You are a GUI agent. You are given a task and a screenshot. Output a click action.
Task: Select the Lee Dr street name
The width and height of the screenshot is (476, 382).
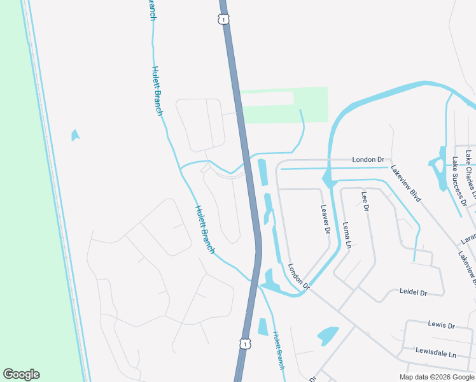point(365,201)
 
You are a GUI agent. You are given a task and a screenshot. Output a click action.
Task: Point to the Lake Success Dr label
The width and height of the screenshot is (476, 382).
point(459,181)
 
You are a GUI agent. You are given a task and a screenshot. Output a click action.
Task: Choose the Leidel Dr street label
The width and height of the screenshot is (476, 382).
point(412,292)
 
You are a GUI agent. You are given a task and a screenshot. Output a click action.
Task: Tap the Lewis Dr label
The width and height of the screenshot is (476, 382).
point(441,325)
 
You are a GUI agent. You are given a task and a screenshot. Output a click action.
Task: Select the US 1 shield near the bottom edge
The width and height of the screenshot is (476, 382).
point(244,343)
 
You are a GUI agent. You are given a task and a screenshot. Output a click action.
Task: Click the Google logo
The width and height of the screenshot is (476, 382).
point(21,374)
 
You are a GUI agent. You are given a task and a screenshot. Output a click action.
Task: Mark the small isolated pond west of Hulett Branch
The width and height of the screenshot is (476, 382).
point(75,135)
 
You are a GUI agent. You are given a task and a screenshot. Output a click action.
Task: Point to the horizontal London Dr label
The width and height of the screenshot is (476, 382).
point(368,159)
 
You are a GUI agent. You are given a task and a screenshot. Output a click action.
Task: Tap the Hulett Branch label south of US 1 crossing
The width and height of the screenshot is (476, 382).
point(279,350)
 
